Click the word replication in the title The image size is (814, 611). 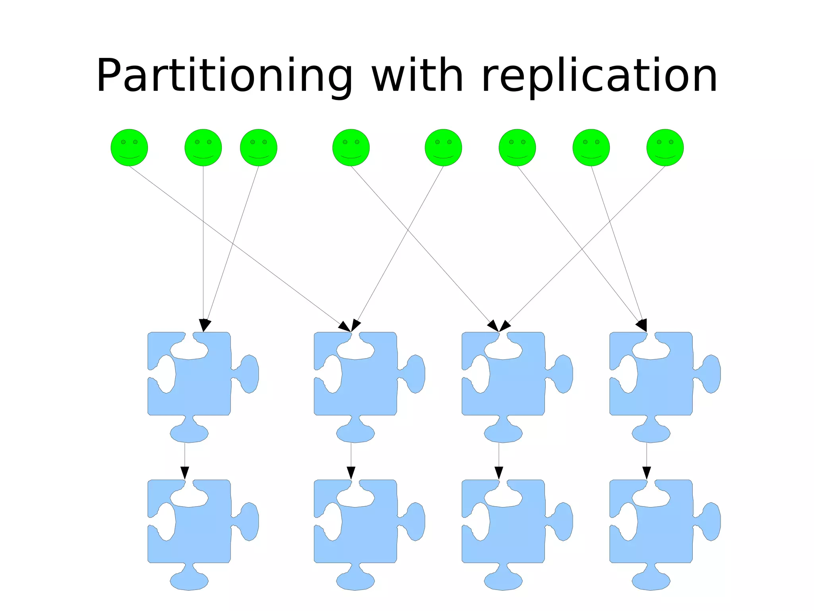[599, 76]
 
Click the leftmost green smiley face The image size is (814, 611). [129, 147]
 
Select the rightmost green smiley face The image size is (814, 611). [665, 147]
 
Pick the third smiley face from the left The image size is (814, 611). [258, 147]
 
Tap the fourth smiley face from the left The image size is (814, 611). [351, 147]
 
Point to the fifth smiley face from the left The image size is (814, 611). [443, 147]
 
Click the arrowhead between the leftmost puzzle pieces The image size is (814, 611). [185, 473]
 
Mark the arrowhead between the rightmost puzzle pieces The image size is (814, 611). [647, 473]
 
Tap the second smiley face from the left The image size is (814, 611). [203, 147]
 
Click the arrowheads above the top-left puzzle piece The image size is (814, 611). [204, 325]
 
